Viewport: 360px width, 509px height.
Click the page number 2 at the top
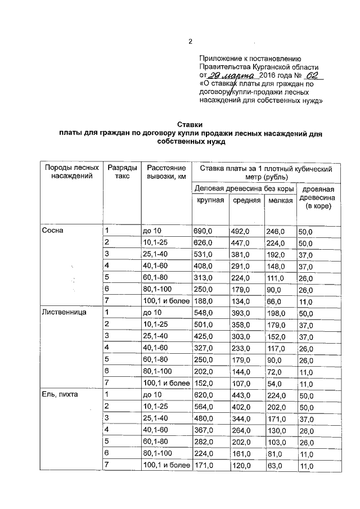190,42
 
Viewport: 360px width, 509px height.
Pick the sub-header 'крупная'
210,200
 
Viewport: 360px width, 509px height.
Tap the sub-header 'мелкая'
280,201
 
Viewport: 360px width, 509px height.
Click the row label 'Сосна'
53,231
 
